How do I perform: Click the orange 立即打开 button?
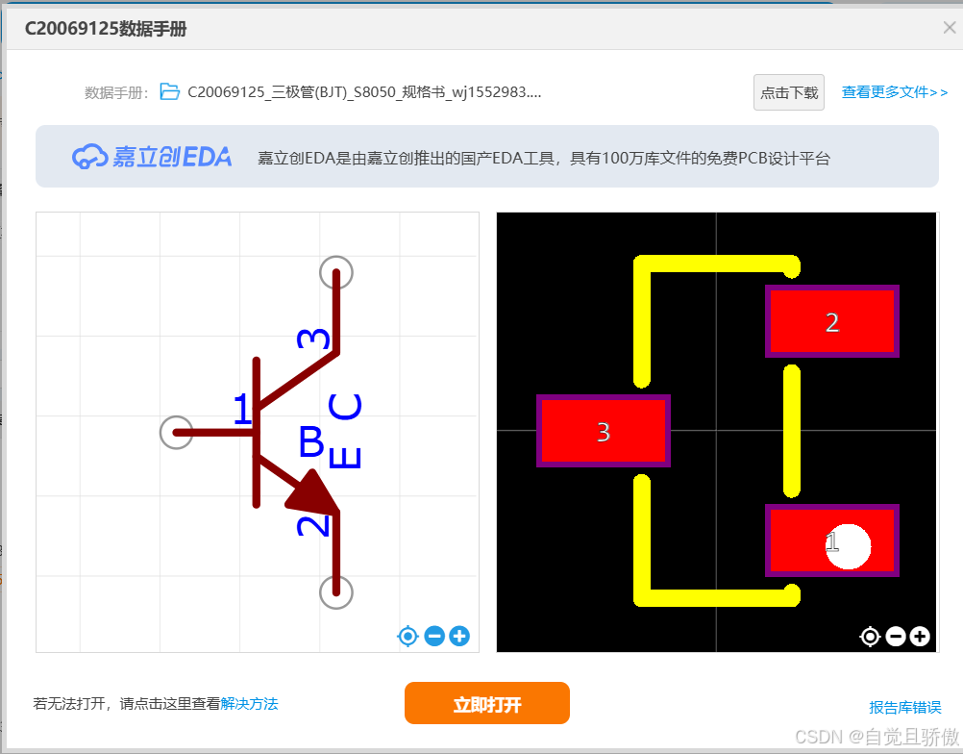click(486, 703)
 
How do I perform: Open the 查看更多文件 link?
click(895, 92)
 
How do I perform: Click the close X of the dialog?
click(950, 27)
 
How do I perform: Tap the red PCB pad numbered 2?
click(831, 321)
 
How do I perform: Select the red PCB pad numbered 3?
click(603, 431)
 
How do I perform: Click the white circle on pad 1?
click(848, 546)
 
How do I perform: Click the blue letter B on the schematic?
click(311, 442)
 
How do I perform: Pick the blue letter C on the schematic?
click(346, 407)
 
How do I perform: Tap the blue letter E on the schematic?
click(345, 455)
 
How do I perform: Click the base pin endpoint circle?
click(176, 433)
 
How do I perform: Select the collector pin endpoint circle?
click(336, 272)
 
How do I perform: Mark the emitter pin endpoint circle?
click(336, 591)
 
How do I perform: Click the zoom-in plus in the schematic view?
click(459, 636)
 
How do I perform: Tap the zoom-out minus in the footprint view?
click(896, 636)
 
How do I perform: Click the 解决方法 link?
click(249, 704)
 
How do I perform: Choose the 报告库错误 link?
click(904, 707)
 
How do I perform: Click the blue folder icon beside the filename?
click(170, 92)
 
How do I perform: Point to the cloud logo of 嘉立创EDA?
click(90, 157)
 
